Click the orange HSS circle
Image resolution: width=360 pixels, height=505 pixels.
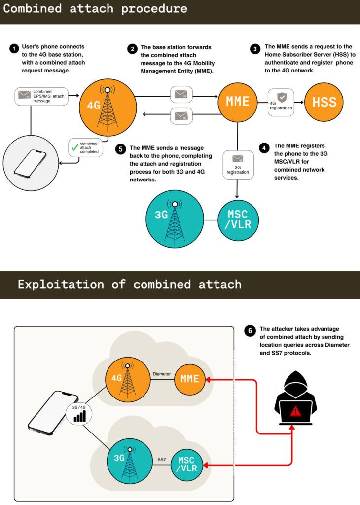click(x=324, y=102)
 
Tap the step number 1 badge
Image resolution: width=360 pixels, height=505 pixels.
click(x=13, y=49)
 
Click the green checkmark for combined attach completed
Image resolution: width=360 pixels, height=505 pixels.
click(x=75, y=146)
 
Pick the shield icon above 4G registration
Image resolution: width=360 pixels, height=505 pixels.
click(x=281, y=97)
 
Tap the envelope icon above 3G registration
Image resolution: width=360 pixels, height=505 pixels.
click(x=238, y=159)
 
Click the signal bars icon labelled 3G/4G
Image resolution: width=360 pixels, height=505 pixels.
click(x=79, y=417)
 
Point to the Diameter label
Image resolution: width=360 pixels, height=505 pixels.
click(x=162, y=374)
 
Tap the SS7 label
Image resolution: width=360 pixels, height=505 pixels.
click(x=162, y=460)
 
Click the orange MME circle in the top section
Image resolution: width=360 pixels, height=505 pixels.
click(x=238, y=102)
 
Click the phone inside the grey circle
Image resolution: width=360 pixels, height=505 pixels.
click(x=30, y=163)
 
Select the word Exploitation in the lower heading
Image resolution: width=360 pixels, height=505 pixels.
click(x=61, y=285)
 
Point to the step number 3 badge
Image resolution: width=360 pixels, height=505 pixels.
click(x=255, y=49)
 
